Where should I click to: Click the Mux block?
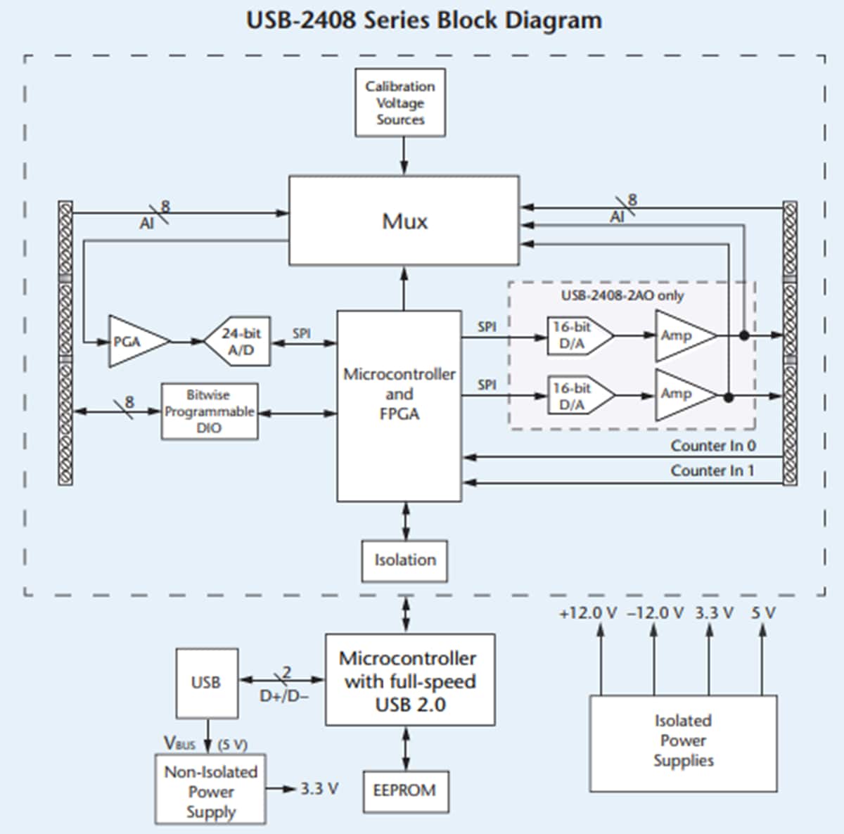tap(404, 221)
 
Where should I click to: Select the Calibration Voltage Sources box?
tap(400, 103)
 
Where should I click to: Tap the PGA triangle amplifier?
tap(134, 342)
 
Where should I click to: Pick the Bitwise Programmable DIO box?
tap(209, 411)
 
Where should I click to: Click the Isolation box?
tap(404, 560)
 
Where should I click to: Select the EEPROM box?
tap(404, 790)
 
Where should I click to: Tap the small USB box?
tap(206, 682)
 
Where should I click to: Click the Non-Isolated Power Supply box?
tap(210, 790)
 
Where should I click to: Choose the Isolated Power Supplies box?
tap(683, 742)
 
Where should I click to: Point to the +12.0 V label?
tap(588, 613)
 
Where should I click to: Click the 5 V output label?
tap(763, 613)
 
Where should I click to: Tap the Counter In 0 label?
tap(712, 446)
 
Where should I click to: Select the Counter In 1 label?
tap(712, 470)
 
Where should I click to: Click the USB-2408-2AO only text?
tap(622, 295)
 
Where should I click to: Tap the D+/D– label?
tap(284, 696)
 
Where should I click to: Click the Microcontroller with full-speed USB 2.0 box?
tap(409, 681)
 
